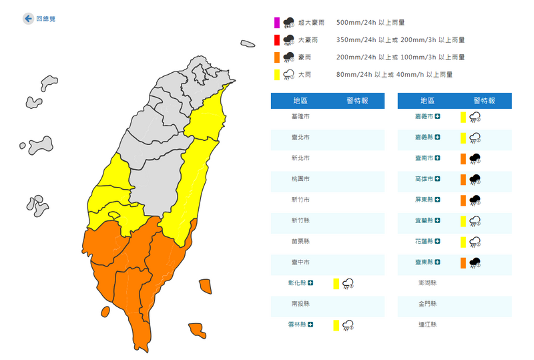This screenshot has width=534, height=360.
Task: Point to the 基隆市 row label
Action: point(301,117)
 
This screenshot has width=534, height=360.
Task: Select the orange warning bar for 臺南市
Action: point(463,159)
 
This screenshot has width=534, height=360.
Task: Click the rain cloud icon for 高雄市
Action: point(476,180)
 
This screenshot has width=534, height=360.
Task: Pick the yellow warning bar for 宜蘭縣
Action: point(463,221)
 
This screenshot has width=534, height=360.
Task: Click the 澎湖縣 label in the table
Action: point(428,283)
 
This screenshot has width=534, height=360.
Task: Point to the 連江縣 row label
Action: point(428,325)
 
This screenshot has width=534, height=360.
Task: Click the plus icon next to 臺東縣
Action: point(439,262)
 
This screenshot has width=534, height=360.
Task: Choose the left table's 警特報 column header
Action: point(356,101)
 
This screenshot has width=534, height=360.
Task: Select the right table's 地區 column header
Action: point(428,101)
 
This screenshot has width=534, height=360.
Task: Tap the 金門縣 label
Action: point(428,304)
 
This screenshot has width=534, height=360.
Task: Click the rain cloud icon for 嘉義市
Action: point(476,118)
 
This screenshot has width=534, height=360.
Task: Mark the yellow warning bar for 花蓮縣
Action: point(463,242)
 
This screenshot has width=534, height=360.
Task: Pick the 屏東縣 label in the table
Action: point(424,200)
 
